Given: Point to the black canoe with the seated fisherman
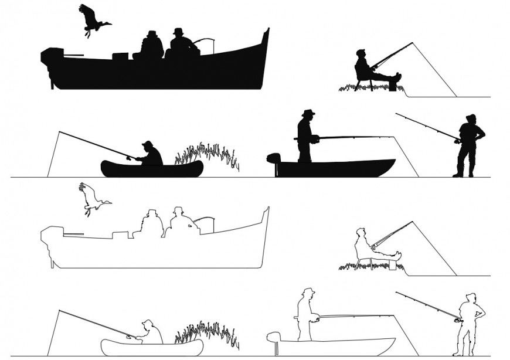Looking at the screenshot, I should [x=152, y=169].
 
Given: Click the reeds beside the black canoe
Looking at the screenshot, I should [x=208, y=154].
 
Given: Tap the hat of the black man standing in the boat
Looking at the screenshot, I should [x=308, y=112].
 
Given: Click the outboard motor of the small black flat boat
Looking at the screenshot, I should [x=273, y=158].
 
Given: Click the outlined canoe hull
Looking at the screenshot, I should [x=152, y=347].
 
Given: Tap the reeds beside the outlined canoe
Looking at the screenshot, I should [x=208, y=332].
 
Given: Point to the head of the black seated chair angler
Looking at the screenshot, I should [x=361, y=53].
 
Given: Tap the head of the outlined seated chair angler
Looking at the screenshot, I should [x=361, y=232].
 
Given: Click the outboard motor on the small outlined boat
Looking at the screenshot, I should [x=273, y=337].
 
